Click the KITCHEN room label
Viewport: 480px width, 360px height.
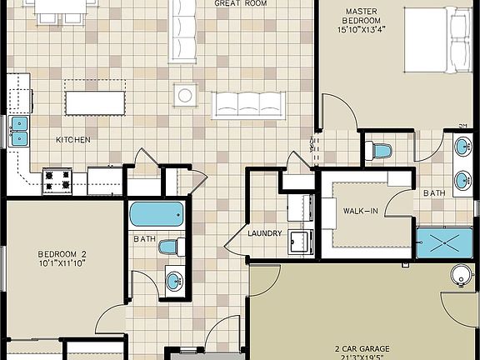(73, 139)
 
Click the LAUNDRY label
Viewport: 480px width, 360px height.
(265, 233)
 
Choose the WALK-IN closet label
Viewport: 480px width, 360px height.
(361, 211)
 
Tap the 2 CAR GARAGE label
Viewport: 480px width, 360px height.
(362, 348)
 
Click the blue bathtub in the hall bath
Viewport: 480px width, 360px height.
(156, 214)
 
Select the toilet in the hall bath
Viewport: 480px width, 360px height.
(172, 247)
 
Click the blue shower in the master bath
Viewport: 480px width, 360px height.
(444, 242)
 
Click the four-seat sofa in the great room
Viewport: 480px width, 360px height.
(248, 104)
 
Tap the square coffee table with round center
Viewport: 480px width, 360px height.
(185, 95)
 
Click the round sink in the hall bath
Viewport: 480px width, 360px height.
(173, 281)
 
